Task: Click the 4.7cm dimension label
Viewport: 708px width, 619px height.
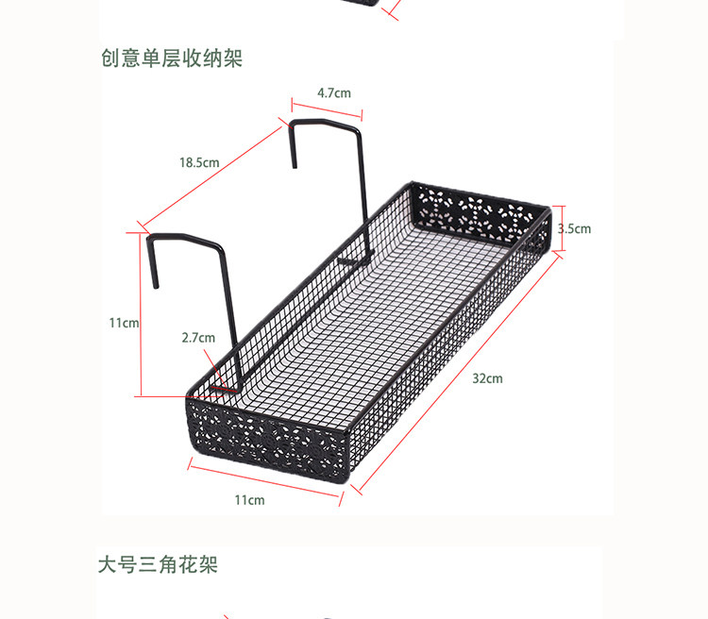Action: tap(334, 92)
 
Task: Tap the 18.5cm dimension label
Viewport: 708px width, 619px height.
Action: tap(199, 162)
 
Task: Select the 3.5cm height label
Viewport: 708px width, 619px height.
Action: tap(574, 228)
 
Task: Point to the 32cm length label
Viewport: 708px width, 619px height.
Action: tap(487, 378)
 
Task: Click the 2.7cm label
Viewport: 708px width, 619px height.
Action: tap(198, 338)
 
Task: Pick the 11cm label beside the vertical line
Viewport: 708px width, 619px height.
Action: tap(124, 323)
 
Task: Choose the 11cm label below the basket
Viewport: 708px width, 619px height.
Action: tap(249, 499)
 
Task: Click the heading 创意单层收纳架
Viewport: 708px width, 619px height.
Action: tap(172, 59)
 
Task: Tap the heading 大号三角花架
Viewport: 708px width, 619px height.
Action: tap(159, 565)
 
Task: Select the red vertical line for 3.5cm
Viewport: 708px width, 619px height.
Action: tap(558, 228)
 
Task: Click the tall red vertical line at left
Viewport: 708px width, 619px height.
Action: tap(141, 313)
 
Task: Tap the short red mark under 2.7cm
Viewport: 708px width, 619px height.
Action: tap(224, 386)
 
